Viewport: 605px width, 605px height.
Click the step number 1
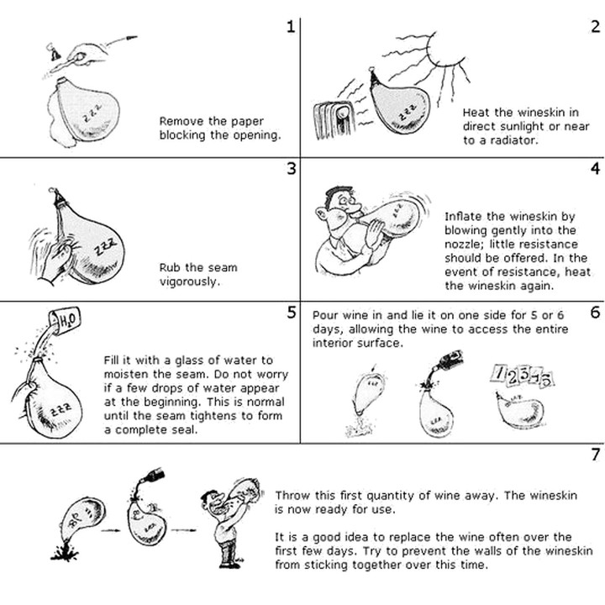pos(291,27)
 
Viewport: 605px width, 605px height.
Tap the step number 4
pos(596,169)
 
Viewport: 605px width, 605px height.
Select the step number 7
pos(596,455)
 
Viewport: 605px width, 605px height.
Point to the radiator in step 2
pos(333,118)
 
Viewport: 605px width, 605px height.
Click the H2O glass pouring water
pos(65,319)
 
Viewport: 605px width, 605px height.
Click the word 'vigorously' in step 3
pos(190,281)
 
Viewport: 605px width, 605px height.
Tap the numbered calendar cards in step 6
pos(522,376)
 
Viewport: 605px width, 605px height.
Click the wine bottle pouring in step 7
pos(152,476)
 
